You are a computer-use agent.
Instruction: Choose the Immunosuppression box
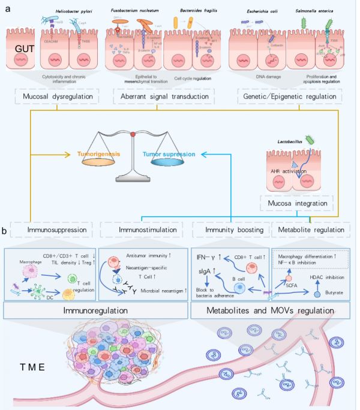[52, 230]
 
